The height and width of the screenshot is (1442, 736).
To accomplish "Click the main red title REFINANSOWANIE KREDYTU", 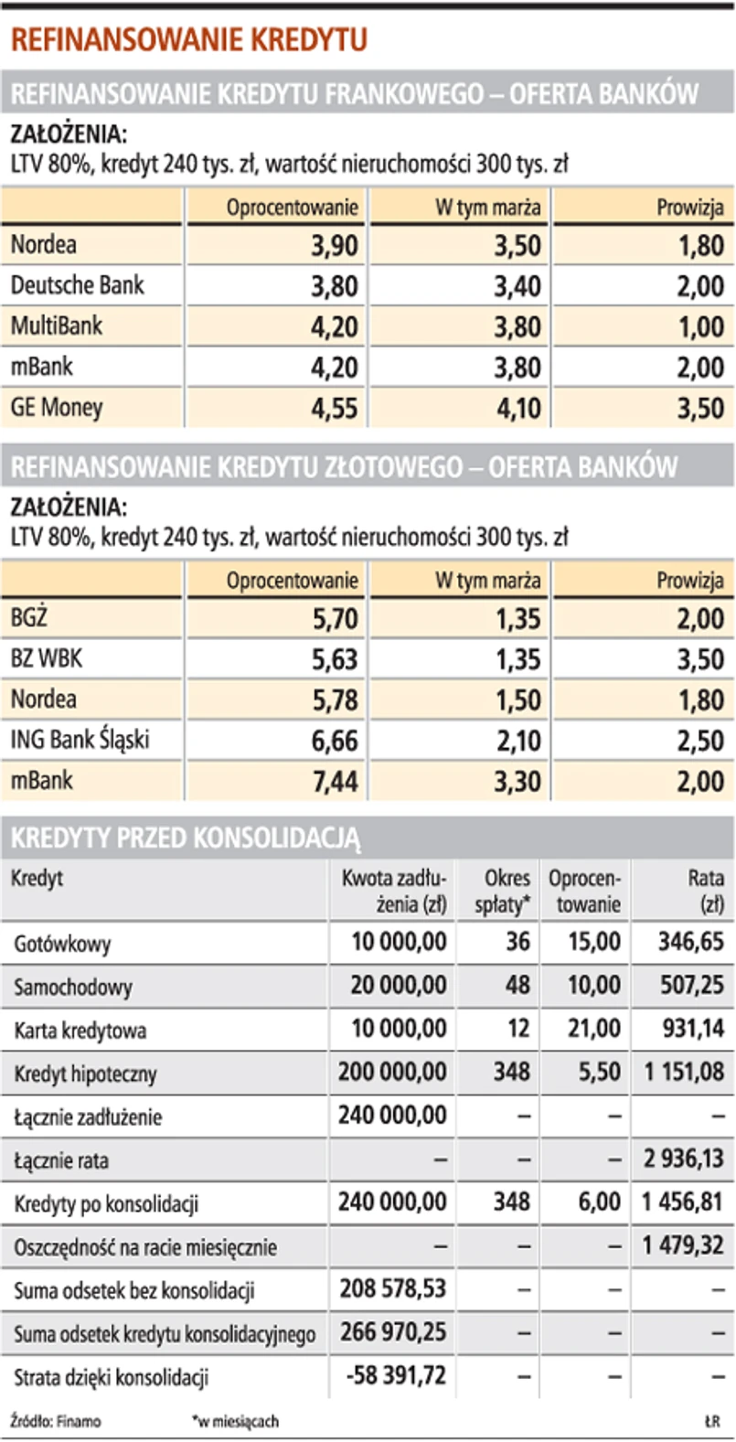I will coord(189,40).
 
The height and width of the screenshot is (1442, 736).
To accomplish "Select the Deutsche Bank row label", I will coord(78,285).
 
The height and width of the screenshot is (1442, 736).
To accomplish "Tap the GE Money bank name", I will coord(57,407).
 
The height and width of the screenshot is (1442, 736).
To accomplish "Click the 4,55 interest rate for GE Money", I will coord(334,408).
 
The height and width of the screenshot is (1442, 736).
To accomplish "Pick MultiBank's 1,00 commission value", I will coord(700,326).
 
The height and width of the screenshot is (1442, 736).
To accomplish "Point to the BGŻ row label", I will coord(29,618).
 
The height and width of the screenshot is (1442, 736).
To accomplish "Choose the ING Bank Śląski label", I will coord(80,740).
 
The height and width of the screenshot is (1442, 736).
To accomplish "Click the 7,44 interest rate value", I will coord(334,781).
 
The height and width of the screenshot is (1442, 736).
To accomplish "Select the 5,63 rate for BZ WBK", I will coord(334,659).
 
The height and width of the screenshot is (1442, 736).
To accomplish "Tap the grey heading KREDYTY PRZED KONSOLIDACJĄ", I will coord(186,838).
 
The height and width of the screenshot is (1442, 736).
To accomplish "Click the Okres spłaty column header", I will coord(502,891).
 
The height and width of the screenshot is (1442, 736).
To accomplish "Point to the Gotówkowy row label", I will coord(62,944).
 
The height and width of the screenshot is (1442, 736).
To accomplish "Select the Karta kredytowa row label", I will coord(80,1031).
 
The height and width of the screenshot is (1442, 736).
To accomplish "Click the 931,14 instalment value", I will coord(692,1029).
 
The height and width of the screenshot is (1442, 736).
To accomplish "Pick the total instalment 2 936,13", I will coord(683,1159).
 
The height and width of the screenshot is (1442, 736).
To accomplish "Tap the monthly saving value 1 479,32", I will coord(683,1245).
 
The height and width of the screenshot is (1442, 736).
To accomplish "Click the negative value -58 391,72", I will coord(393,1375).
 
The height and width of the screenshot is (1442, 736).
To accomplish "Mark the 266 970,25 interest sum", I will coord(393,1332).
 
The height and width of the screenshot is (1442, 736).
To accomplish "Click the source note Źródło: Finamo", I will coord(56,1422).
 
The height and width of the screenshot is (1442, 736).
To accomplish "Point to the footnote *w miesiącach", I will coord(235,1422).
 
